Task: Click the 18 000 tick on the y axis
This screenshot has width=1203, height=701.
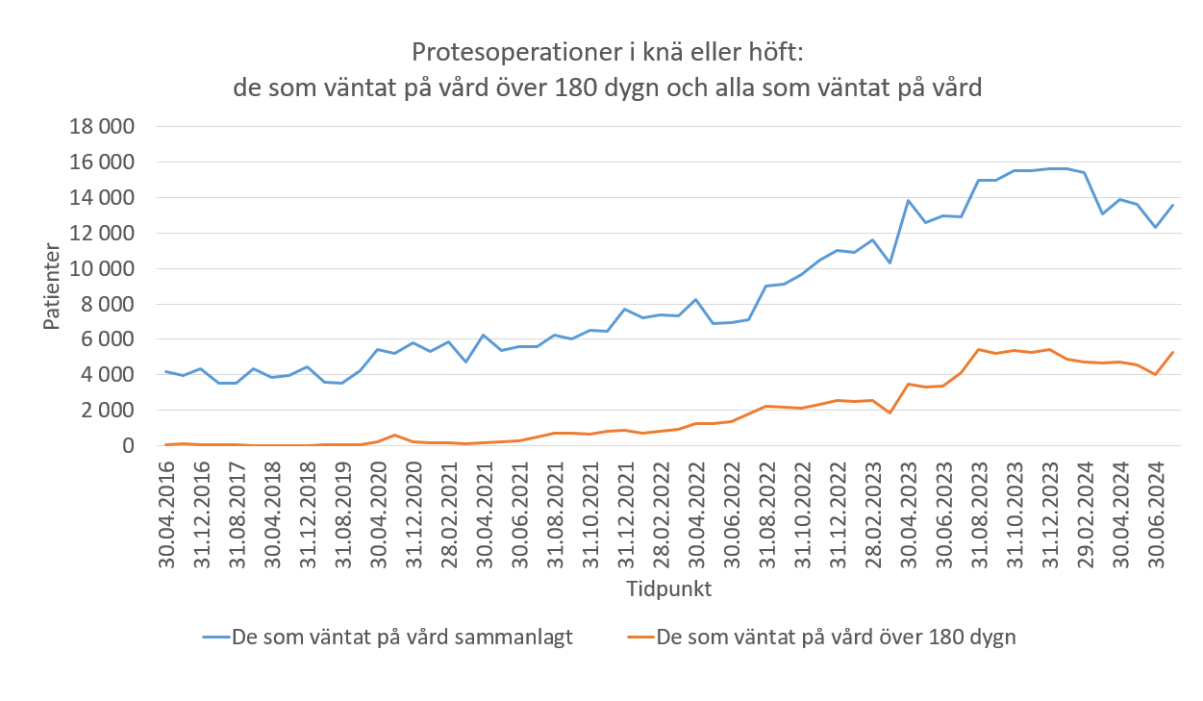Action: [x=102, y=127]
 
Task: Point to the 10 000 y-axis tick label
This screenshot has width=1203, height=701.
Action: [x=102, y=269]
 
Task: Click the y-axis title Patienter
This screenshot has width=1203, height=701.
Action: [x=53, y=287]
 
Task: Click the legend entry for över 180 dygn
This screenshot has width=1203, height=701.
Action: [x=835, y=637]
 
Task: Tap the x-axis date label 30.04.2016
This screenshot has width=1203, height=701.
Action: [x=166, y=514]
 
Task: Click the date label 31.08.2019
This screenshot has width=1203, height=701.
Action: [x=343, y=514]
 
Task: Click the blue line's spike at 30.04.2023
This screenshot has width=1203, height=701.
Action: [x=908, y=200]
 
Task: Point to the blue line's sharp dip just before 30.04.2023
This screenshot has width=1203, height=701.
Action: [x=890, y=263]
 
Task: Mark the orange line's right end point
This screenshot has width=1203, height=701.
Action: [x=1173, y=352]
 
